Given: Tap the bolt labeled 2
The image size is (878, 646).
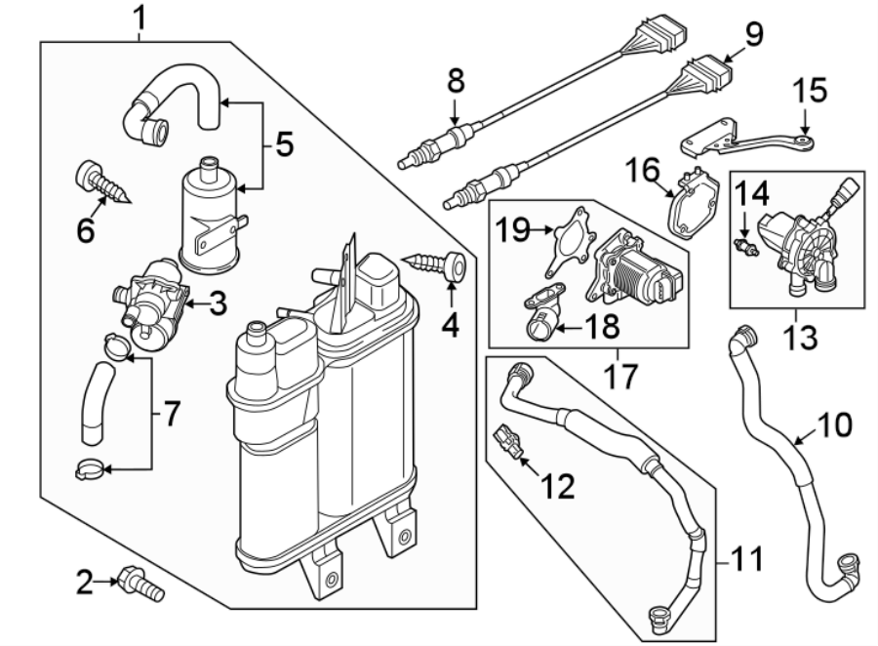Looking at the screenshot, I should point(140,585).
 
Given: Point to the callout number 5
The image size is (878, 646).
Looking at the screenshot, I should point(284,144).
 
